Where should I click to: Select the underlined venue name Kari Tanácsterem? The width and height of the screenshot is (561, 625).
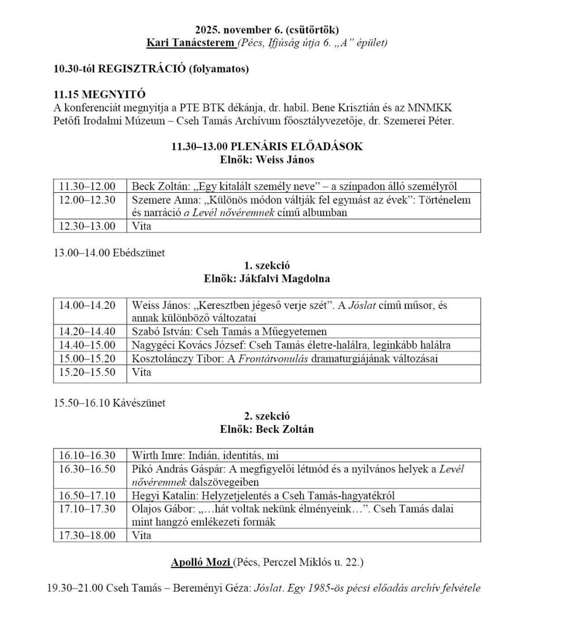[190, 43]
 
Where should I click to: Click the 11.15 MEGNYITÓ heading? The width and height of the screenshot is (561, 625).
[99, 95]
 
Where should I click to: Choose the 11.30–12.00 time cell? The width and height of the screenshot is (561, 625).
[87, 186]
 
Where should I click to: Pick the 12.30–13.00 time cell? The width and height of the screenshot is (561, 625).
[87, 226]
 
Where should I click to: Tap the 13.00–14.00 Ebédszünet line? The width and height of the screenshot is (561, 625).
[109, 253]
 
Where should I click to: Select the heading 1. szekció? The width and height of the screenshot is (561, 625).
[267, 266]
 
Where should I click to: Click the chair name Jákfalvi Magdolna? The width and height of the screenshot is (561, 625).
[284, 279]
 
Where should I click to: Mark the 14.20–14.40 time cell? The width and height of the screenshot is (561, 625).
[87, 332]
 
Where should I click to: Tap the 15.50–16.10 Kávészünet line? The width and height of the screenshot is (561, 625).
[109, 403]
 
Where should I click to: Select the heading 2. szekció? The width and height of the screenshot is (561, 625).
[267, 416]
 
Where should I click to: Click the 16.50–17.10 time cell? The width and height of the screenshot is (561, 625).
[87, 496]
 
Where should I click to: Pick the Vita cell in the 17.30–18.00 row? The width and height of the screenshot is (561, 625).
[141, 535]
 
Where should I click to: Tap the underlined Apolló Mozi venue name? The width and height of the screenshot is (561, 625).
[201, 562]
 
